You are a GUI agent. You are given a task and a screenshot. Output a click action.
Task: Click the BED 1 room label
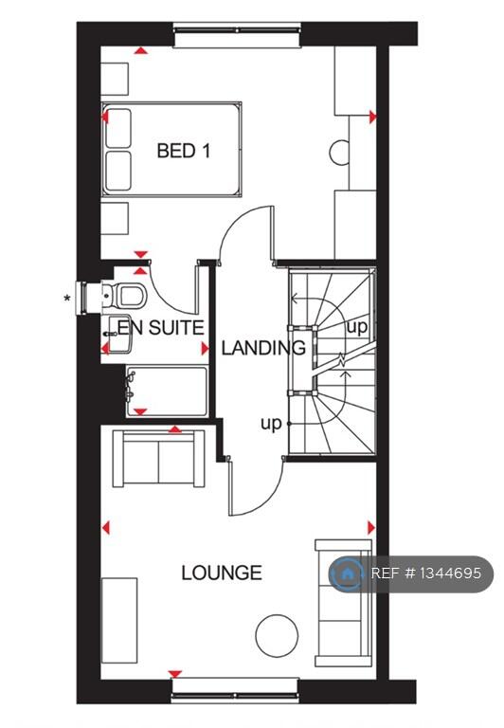coord(183,150)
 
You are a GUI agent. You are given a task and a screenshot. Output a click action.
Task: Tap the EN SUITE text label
coord(159,328)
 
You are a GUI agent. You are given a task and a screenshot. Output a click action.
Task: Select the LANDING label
coord(263,348)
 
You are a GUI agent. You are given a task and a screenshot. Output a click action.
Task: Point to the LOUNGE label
coord(222,573)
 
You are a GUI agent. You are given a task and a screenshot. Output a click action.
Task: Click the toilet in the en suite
coord(130,294)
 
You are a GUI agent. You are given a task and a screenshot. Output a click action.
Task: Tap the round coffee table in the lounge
coord(277,632)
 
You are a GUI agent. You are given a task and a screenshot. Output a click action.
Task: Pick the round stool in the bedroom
coord(340,151)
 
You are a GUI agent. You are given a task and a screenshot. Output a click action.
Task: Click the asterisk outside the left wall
coord(66,300)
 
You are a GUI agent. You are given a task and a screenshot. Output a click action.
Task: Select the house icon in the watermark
coord(347,573)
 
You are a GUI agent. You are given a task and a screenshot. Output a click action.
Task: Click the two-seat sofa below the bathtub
coord(159,458)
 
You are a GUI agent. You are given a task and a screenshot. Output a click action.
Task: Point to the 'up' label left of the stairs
coord(271,424)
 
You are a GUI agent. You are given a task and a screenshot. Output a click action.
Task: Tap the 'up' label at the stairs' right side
coord(357,327)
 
